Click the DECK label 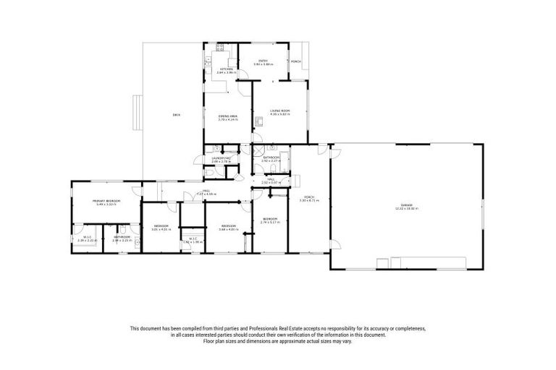pyautogui.click(x=176, y=115)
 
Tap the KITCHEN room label pyautogui.click(x=227, y=69)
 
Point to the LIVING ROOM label pyautogui.click(x=279, y=111)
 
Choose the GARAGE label pyautogui.click(x=406, y=205)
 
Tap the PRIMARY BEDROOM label pyautogui.click(x=106, y=200)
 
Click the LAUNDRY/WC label pyautogui.click(x=221, y=158)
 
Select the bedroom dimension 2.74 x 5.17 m pyautogui.click(x=270, y=222)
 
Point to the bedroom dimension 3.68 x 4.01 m pyautogui.click(x=228, y=229)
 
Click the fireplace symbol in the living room pyautogui.click(x=259, y=119)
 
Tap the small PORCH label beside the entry pyautogui.click(x=295, y=61)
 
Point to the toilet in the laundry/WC pyautogui.click(x=208, y=171)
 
